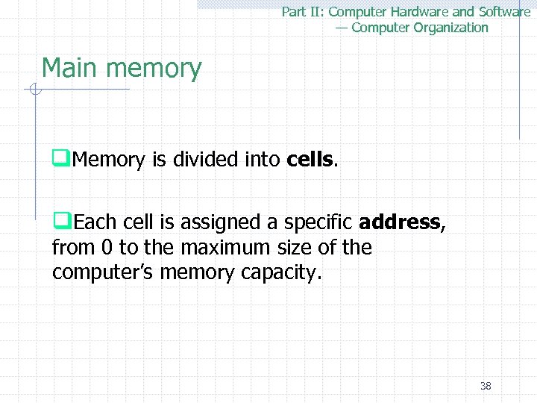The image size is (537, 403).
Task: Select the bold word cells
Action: click(x=311, y=159)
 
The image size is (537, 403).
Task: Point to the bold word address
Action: click(x=399, y=222)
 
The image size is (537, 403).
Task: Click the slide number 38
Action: click(x=486, y=386)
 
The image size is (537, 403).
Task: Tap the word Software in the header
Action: click(x=503, y=12)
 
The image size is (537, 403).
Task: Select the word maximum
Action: click(x=224, y=248)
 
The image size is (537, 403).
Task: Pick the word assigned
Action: click(x=211, y=222)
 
